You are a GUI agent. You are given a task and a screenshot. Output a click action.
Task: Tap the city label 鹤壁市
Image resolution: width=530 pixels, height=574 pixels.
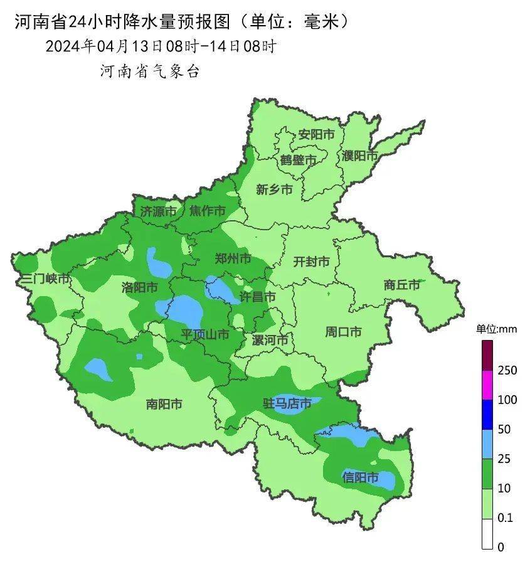point(299,161)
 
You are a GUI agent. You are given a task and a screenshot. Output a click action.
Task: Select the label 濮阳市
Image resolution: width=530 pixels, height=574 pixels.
point(359,156)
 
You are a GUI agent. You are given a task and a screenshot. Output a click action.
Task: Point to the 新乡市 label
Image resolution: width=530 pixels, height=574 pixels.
point(274,189)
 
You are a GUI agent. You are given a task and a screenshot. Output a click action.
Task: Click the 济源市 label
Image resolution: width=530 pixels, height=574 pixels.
point(158,211)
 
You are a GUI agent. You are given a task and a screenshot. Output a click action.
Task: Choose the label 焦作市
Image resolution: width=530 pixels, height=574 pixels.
point(208,211)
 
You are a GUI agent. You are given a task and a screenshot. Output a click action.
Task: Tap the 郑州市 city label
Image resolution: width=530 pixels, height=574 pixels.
point(233,258)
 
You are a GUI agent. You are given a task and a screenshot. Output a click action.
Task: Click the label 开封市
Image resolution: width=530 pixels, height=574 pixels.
point(311,262)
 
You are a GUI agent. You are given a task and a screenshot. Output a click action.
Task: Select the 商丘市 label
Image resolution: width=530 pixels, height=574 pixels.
point(401,285)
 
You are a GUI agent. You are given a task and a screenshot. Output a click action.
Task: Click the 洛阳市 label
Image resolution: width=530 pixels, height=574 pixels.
point(139,287)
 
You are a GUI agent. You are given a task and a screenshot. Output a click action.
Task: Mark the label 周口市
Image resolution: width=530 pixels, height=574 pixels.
point(343,332)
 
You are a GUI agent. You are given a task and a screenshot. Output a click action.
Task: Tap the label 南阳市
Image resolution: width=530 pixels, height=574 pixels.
point(164,405)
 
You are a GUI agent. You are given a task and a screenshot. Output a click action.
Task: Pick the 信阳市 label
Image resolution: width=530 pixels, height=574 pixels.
point(361,478)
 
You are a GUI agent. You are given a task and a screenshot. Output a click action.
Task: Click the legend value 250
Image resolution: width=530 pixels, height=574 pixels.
point(507,371)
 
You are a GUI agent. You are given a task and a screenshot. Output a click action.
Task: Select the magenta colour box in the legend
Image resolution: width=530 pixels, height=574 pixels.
point(487,385)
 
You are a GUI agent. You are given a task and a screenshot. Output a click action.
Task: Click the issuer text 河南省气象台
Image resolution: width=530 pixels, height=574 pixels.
point(150,72)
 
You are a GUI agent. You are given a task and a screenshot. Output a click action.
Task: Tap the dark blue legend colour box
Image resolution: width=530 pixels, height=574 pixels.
point(487,415)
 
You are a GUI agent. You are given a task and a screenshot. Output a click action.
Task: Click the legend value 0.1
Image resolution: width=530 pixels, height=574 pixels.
point(505,518)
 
